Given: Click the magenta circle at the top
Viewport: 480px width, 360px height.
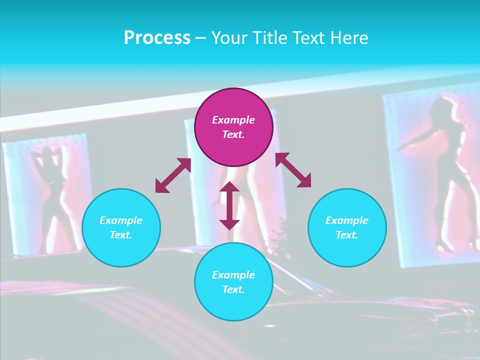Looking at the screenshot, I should tap(233, 127).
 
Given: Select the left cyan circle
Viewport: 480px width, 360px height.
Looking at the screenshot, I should tap(121, 227).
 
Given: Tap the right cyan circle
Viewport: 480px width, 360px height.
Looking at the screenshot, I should tap(347, 227).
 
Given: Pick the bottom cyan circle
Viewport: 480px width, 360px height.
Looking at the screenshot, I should tap(233, 282).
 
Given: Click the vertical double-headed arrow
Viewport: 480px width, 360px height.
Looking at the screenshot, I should tap(229, 205).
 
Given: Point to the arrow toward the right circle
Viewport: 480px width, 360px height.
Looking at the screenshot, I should tap(293, 170).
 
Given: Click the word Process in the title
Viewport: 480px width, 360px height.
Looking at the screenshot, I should tap(157, 37).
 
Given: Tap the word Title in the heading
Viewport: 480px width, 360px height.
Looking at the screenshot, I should tap(269, 37).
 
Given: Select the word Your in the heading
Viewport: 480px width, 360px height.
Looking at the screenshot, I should tap(228, 37).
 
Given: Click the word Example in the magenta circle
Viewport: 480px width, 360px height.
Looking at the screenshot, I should tap(233, 120).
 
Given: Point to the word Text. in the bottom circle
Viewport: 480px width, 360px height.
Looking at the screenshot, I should tap(233, 289).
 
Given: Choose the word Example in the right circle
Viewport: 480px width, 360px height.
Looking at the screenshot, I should tap(347, 220).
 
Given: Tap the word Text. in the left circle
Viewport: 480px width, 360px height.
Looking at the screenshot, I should tap(121, 235).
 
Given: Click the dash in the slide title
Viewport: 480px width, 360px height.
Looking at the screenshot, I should tap(201, 37).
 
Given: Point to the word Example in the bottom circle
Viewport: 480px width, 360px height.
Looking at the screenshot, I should tap(233, 275).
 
